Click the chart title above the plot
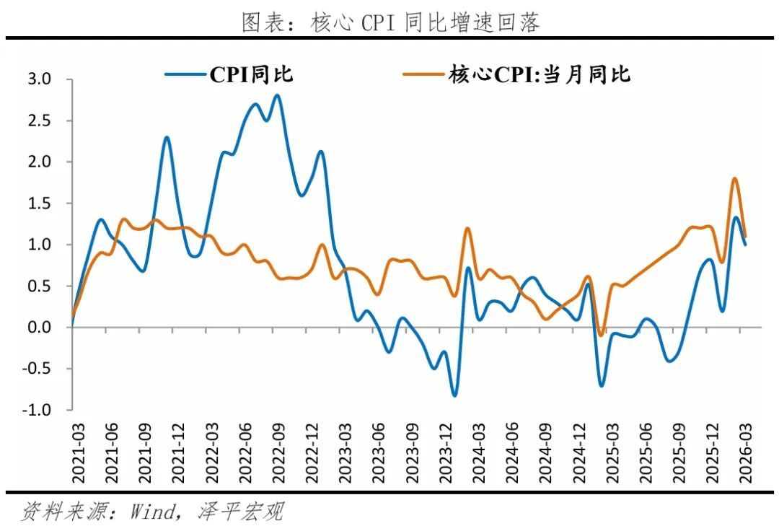click(389, 23)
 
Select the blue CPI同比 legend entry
click(229, 74)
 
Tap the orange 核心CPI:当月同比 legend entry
click(516, 74)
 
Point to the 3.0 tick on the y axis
click(40, 79)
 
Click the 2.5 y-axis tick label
click(40, 120)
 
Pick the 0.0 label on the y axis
click(40, 328)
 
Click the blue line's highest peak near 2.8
click(277, 95)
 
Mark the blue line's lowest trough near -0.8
click(454, 395)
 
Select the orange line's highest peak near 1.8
click(734, 178)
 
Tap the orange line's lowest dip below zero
click(601, 336)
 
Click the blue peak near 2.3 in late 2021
click(167, 137)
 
